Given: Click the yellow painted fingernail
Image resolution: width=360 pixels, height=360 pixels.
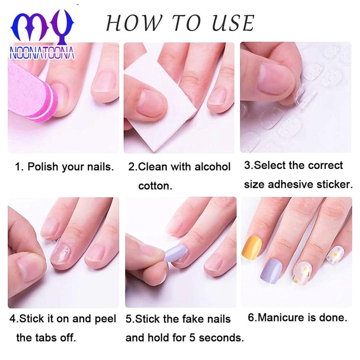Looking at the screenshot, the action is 252,246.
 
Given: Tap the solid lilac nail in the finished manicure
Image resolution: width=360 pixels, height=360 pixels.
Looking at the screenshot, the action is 272,271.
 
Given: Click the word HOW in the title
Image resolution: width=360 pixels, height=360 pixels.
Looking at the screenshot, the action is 134,23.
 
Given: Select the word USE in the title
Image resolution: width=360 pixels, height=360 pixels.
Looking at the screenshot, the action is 233,23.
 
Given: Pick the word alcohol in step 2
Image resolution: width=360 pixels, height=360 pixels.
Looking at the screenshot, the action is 212,166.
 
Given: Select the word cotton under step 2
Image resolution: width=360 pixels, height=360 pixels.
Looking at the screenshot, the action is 155,186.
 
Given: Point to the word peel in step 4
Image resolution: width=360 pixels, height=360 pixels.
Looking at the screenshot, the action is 105,319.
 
